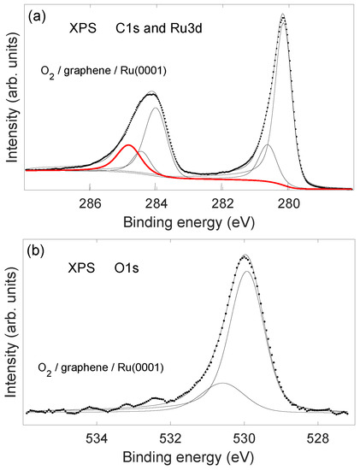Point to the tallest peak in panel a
282,15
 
